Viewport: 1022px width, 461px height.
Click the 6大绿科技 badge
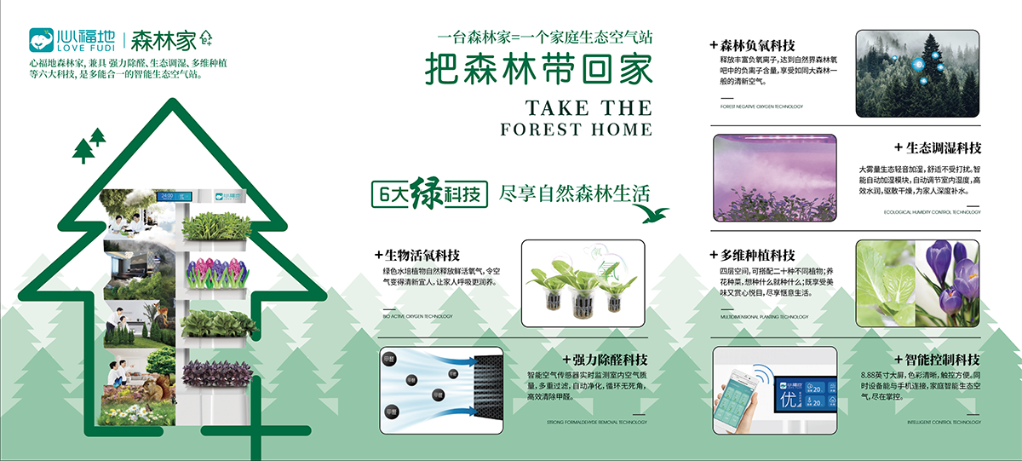[428, 193]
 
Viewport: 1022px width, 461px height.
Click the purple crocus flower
[952, 277]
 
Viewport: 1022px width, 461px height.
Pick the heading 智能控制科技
[937, 360]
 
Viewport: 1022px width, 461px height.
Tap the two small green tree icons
[89, 146]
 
